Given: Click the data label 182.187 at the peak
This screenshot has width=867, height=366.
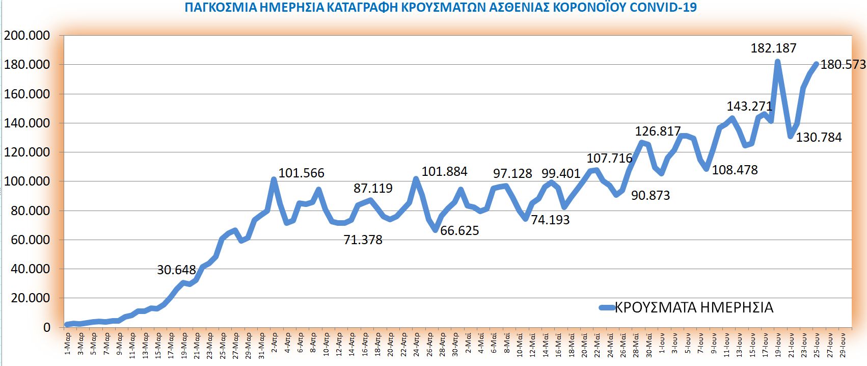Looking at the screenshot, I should (x=773, y=48).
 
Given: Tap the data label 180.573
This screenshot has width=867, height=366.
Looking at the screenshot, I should (x=843, y=65).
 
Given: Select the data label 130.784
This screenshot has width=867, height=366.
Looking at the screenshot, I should (x=819, y=137).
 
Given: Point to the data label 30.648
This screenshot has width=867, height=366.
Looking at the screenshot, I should (x=176, y=270).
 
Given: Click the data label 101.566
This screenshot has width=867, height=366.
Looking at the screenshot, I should (x=301, y=173).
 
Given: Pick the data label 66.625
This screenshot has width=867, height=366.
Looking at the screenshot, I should (x=459, y=231).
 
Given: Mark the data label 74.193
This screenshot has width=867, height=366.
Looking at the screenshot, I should (x=550, y=220).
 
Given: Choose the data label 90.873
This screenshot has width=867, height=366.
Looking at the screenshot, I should (x=651, y=196).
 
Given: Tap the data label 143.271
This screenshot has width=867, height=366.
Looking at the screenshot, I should (x=749, y=107).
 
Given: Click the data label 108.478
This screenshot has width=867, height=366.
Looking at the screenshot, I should (x=735, y=170).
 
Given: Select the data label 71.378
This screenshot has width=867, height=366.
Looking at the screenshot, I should (x=363, y=240).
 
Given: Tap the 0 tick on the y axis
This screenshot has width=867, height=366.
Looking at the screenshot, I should (x=47, y=327).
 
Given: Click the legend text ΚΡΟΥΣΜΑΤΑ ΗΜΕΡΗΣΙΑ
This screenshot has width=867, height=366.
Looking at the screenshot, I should (x=694, y=307).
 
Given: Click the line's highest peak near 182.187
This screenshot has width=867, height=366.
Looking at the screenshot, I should (x=777, y=62).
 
